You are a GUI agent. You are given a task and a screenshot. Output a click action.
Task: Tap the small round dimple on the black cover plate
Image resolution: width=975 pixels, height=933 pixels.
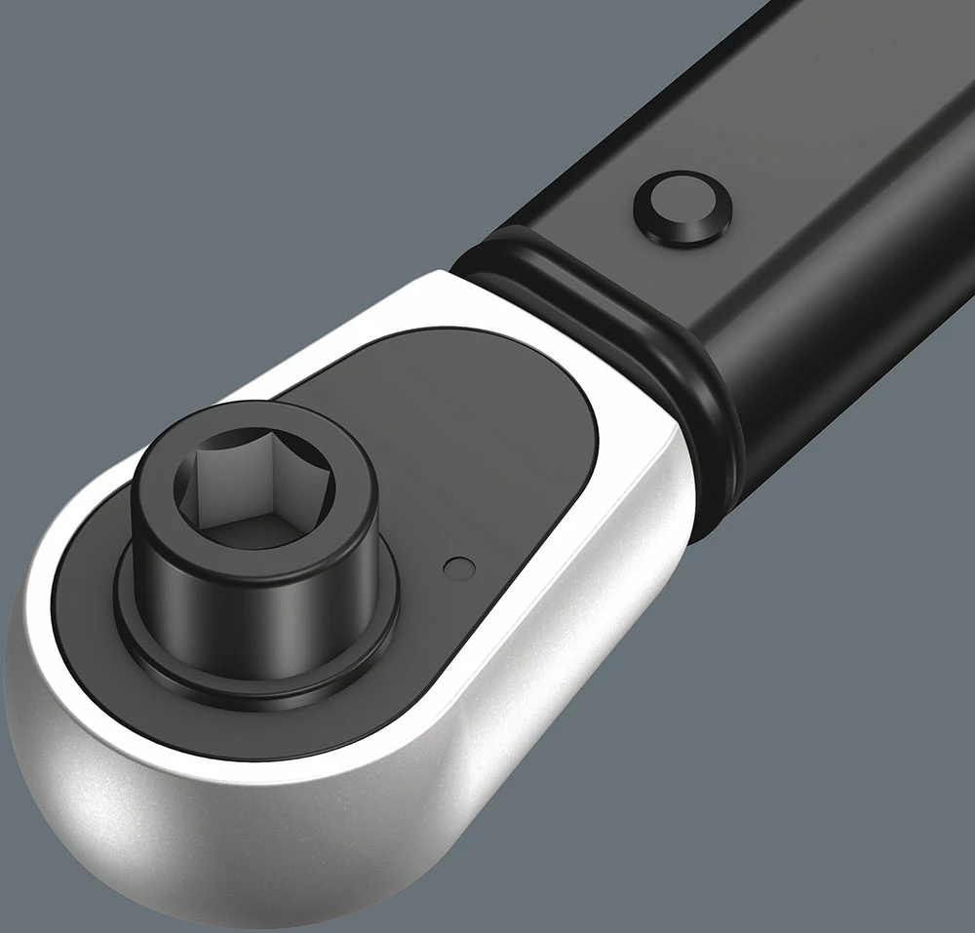tap(455, 567)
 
